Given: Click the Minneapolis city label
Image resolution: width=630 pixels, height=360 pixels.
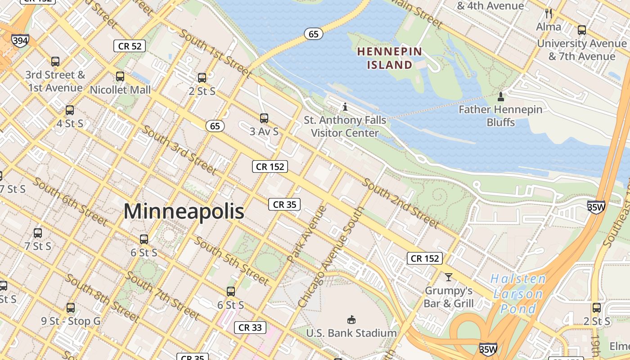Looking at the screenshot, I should pos(184,211).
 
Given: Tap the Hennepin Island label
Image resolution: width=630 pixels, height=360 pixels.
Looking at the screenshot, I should pos(390,58).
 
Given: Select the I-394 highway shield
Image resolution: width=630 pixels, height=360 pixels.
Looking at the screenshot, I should pos(20,41).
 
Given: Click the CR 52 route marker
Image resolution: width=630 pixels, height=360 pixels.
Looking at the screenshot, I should pos(130,45).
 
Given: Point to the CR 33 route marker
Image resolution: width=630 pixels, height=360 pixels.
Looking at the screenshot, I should pos(250,328).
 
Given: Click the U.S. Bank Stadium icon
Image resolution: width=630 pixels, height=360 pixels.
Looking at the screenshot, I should pos(351,319).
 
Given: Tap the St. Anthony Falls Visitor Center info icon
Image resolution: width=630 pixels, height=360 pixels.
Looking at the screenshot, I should pos(345,107).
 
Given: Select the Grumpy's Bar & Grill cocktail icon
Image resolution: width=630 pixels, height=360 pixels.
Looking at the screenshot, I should pos(448,276).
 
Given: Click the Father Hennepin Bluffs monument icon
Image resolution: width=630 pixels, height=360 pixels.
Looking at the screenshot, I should pos(500,96).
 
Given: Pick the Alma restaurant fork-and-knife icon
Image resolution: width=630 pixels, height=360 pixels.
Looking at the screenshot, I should pos(548,13).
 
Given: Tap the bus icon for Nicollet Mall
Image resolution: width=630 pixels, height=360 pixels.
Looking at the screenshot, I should pos(120,76).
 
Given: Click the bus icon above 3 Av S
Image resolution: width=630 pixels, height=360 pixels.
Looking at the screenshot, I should pos(264,118).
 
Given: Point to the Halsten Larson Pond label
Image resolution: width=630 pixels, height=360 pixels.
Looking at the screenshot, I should pos(518,294).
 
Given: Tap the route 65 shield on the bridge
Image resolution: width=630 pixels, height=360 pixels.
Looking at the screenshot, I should pos(314,34).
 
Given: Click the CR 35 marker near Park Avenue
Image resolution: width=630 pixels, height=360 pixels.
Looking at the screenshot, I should pos(284,204).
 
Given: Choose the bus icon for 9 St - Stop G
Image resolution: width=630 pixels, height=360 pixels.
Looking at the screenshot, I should pos(71,308).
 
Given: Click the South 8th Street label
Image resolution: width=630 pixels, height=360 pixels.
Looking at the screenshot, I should pos(102,297).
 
